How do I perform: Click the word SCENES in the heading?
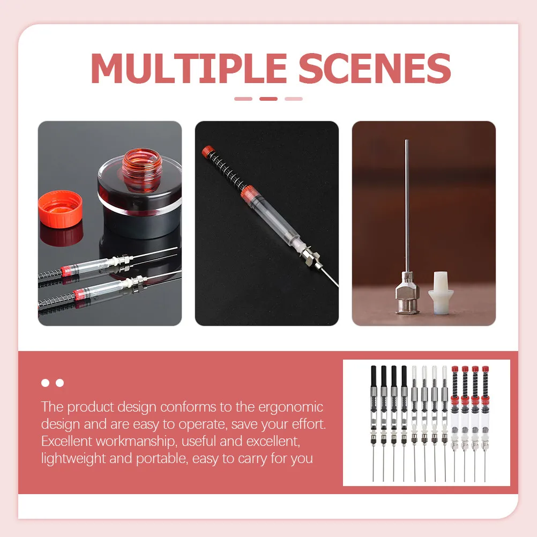click(375, 68)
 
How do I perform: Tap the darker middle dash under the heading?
click(268, 99)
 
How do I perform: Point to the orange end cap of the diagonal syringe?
click(207, 152)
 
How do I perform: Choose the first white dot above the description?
click(46, 383)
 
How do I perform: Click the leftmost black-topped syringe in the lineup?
click(374, 407)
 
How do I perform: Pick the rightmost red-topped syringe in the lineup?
click(485, 407)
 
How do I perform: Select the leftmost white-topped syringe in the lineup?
click(415, 407)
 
